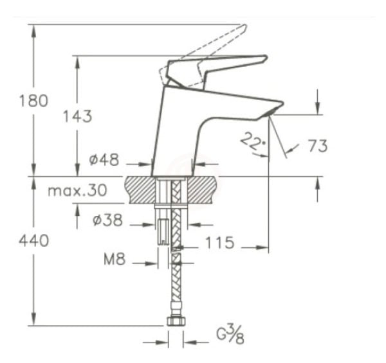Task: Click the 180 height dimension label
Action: pyautogui.click(x=33, y=101)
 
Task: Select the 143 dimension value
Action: pyautogui.click(x=77, y=116)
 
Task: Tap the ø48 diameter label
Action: pyautogui.click(x=104, y=160)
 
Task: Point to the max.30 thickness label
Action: pyautogui.click(x=77, y=191)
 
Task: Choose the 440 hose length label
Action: pyautogui.click(x=33, y=241)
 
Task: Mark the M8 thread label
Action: pyautogui.click(x=115, y=260)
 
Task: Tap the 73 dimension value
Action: pyautogui.click(x=317, y=146)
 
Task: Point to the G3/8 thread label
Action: pyautogui.click(x=230, y=335)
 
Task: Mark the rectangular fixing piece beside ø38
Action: pyautogui.click(x=164, y=229)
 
